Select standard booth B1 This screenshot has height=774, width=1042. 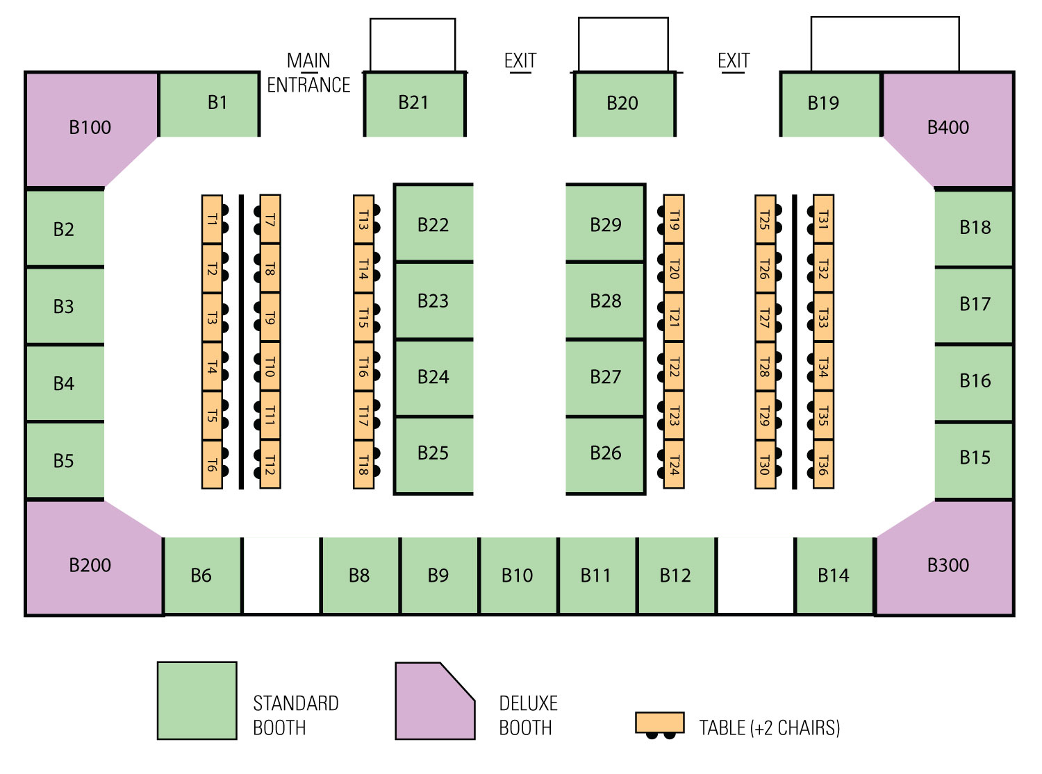209,104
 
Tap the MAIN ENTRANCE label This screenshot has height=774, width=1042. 308,73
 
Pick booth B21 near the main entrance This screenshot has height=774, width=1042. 415,104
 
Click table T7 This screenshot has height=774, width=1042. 270,219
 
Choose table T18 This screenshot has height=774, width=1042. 363,464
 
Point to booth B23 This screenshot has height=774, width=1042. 433,301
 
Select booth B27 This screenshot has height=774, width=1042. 605,378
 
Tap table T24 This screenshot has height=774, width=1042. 674,464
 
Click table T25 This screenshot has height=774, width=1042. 765,219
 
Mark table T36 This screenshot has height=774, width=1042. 823,464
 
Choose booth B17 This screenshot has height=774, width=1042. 973,305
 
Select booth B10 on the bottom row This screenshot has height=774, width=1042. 518,575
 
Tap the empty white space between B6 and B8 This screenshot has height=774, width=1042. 281,575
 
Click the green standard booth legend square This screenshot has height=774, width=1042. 197,700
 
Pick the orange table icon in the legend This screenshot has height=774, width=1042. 660,723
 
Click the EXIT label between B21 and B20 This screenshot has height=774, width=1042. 520,61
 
